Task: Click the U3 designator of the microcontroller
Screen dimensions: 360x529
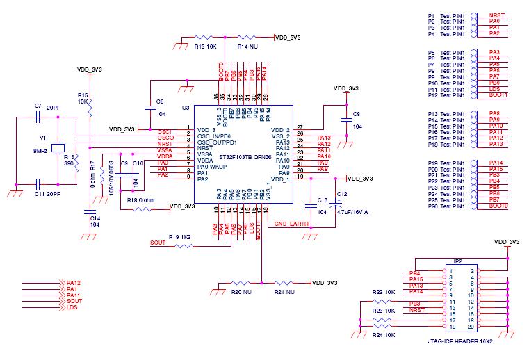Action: tap(185, 108)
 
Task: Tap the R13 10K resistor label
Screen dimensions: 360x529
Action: tap(206, 47)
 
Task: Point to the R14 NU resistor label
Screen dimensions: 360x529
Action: tap(248, 47)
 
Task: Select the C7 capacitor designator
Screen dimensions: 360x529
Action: tap(38, 106)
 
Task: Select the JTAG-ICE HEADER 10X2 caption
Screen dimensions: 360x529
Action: tap(462, 342)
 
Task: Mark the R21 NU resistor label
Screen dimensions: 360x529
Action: tap(284, 293)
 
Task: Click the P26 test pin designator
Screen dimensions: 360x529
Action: tap(432, 206)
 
